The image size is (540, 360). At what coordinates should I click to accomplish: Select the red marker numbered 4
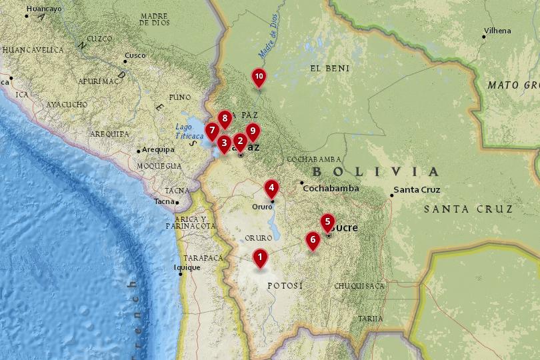(x=271, y=187)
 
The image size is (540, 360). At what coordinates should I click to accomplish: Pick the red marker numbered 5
(x=327, y=221)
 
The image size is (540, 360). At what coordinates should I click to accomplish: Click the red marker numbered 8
(x=225, y=119)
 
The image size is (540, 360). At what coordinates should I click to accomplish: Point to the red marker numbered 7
(x=212, y=131)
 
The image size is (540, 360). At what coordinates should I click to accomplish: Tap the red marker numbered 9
(x=252, y=131)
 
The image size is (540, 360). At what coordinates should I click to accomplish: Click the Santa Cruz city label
(x=417, y=190)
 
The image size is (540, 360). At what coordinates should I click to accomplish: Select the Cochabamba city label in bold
(x=331, y=189)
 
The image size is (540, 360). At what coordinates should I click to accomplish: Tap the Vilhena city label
(x=497, y=31)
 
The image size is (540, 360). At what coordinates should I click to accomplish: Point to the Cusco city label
(x=135, y=55)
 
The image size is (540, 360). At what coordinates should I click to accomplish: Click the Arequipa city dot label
(x=157, y=150)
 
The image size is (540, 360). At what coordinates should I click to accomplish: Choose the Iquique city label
(x=187, y=268)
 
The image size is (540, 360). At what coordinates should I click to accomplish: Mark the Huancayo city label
(x=43, y=9)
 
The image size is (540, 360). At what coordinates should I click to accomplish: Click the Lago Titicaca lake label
(x=185, y=131)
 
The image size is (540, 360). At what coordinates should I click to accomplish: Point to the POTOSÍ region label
(x=285, y=286)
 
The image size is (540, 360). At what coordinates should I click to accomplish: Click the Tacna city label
(x=164, y=201)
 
